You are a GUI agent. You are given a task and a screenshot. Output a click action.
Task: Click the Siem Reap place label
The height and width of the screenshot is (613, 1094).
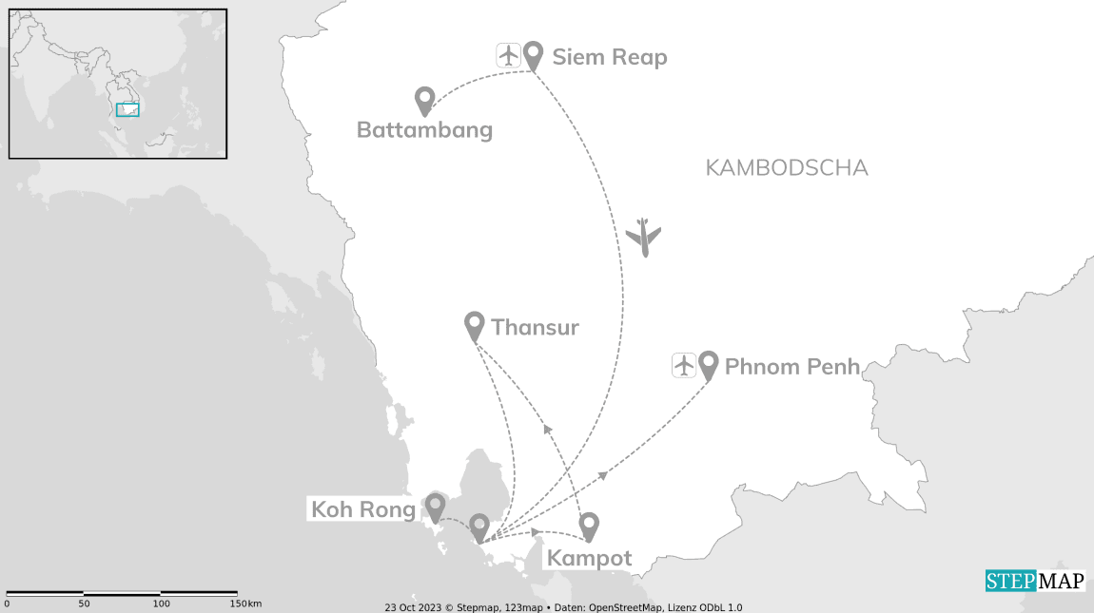click(610, 57)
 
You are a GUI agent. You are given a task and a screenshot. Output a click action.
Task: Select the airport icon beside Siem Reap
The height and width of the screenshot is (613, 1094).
click(509, 55)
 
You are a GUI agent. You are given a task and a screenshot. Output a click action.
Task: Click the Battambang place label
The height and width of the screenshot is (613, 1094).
click(424, 130)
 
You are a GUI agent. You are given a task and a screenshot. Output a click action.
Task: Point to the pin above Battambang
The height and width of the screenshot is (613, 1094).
click(424, 99)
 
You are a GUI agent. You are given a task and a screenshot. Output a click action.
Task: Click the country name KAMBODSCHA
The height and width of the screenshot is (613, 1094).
click(787, 168)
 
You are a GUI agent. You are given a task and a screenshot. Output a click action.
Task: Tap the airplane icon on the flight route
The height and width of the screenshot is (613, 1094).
click(645, 237)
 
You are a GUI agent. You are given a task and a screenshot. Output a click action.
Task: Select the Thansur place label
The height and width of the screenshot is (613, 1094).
click(535, 328)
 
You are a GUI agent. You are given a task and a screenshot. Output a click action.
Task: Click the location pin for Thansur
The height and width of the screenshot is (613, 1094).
click(474, 324)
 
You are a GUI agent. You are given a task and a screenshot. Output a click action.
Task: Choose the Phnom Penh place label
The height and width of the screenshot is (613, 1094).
click(792, 367)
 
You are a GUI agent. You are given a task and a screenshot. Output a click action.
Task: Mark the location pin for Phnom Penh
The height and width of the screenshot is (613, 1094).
click(708, 364)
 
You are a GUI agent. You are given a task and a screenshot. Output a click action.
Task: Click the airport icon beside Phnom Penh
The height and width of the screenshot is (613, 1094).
click(684, 365)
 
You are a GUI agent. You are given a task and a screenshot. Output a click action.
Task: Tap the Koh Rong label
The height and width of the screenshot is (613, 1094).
click(363, 510)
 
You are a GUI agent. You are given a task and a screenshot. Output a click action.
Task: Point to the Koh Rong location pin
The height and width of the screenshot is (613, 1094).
click(435, 506)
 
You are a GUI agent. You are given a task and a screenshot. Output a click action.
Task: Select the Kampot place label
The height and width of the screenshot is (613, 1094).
click(590, 559)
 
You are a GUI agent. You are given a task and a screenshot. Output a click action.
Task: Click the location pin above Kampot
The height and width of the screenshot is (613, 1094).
click(589, 525)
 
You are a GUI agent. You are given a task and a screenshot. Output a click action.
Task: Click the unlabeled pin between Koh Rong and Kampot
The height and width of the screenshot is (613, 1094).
click(479, 526)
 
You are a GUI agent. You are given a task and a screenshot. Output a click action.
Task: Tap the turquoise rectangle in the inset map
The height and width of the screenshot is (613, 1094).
click(127, 109)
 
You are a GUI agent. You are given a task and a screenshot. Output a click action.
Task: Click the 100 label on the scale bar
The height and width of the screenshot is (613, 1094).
click(162, 603)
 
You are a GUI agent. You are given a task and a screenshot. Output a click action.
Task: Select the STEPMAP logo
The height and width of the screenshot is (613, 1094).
click(1034, 581)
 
